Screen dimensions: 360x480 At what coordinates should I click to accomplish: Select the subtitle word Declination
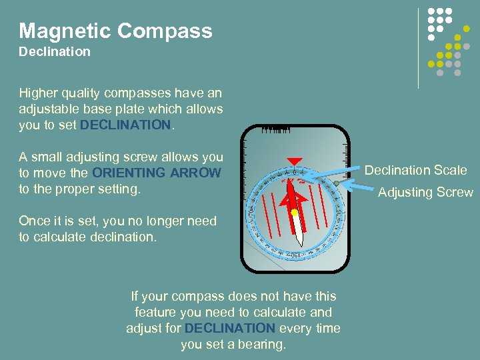coord(55,52)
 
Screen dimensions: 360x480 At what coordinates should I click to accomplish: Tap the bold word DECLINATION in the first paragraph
coord(125,125)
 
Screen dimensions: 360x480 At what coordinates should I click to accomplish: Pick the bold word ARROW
coord(195,173)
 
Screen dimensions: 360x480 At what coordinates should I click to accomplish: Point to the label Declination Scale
coord(415,171)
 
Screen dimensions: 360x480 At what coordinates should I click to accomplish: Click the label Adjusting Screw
coord(425,193)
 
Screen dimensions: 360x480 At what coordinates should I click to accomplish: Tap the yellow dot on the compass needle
coord(294,212)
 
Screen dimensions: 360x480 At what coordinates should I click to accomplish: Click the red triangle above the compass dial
coord(291,161)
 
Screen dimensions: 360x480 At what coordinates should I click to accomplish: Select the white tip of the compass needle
coord(299,237)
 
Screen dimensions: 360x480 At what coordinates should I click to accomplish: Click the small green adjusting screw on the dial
coord(337,182)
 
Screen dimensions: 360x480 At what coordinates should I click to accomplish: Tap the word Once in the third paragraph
coord(33,221)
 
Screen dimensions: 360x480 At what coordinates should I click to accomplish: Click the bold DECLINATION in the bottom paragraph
coord(229,329)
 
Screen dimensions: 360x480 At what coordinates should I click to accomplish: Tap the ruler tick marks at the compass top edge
coord(275,131)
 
